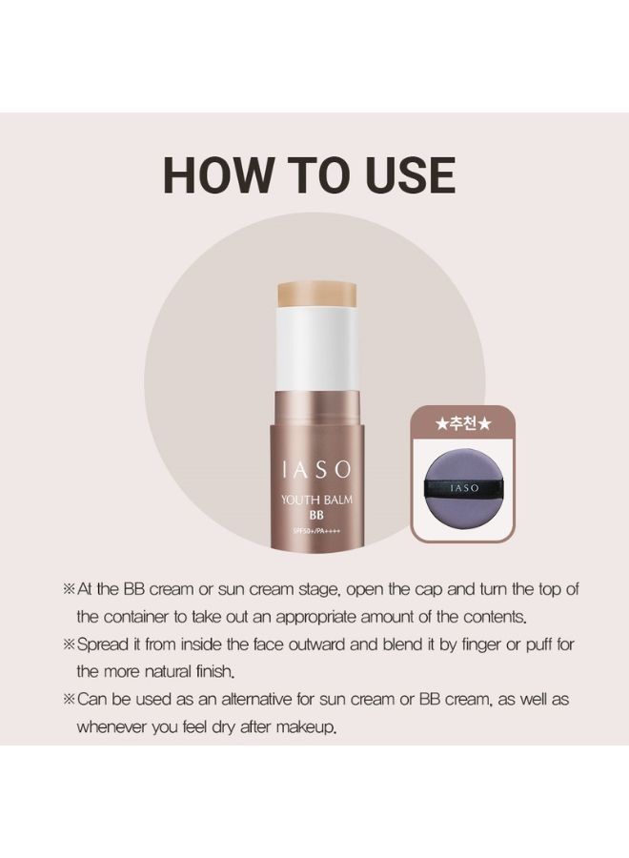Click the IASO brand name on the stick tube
316,469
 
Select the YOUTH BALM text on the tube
316,500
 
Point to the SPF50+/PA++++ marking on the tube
316,530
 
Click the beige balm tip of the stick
317,295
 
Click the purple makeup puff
463,487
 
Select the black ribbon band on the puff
463,487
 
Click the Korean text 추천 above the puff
463,424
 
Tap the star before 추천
442,424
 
